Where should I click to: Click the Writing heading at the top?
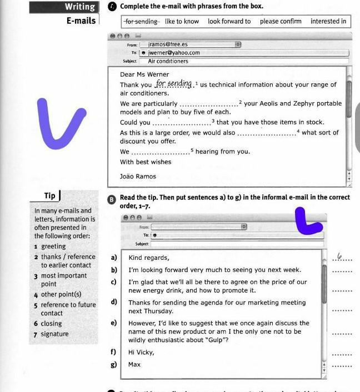(79, 7)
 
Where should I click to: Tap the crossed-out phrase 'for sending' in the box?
(141, 22)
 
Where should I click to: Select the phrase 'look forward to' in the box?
(229, 22)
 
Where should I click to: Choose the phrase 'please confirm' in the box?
(281, 22)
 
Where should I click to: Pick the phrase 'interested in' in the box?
(328, 22)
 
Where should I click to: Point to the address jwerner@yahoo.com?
(174, 53)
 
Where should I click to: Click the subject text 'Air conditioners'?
(168, 61)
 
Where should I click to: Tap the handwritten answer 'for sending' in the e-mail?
(173, 84)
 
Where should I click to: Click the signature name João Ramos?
(138, 177)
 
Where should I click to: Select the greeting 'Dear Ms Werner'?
(144, 74)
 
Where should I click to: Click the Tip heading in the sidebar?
(50, 195)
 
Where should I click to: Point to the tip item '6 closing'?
(48, 323)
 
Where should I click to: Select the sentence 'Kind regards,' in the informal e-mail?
(149, 258)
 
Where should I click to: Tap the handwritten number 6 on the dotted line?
(342, 257)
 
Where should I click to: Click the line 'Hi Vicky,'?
(141, 352)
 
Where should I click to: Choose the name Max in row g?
(134, 365)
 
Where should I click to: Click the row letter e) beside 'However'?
(114, 323)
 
